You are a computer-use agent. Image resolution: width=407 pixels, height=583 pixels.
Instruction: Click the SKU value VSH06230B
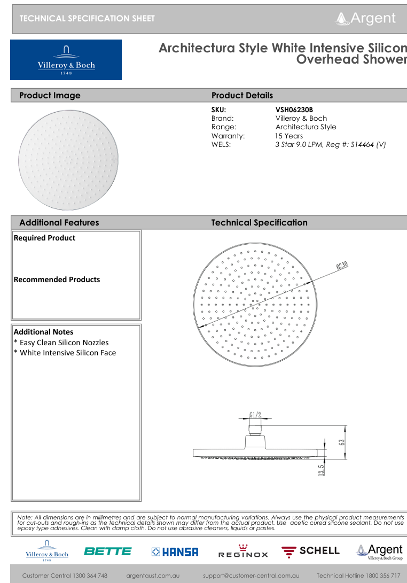294,110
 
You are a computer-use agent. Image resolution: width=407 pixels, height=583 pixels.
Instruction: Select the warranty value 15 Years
289,136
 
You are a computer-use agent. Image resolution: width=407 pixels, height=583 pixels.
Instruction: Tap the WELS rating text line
330,144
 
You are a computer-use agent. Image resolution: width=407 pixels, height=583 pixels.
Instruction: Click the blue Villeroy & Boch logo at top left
66,60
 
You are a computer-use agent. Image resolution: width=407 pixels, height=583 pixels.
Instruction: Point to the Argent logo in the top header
366,18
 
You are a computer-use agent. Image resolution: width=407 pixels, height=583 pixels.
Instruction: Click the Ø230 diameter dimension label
342,266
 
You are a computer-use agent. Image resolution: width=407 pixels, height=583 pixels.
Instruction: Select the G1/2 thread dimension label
255,415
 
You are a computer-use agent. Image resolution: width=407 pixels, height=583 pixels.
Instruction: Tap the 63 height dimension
341,441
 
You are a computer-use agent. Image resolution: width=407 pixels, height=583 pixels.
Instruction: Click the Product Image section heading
50,96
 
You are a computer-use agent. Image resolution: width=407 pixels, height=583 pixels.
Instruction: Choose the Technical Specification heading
259,223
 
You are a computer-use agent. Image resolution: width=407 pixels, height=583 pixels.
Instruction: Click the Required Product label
44,238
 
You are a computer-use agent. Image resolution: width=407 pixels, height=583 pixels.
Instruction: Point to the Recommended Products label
57,279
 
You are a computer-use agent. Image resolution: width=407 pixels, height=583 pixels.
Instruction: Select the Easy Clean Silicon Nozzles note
61,343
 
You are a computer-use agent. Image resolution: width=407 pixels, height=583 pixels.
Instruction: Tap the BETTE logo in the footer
107,551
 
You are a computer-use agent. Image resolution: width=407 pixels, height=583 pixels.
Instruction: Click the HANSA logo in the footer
175,551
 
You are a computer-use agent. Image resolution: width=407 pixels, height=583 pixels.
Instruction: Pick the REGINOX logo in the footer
243,551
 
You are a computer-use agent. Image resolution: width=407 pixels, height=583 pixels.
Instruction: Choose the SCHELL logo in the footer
310,551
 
